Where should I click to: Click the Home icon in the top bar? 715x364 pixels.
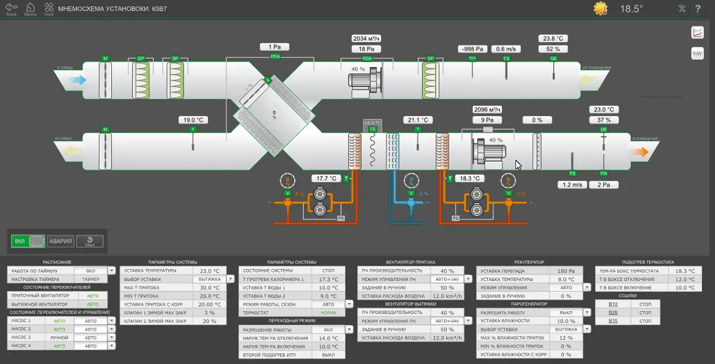point(30,8)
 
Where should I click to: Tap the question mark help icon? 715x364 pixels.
point(699,9)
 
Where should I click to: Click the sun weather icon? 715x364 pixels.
point(600,9)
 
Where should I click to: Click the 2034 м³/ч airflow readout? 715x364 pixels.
point(366,39)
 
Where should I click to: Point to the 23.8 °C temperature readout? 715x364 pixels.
point(553,39)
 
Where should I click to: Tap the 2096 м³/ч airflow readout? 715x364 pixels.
point(488,110)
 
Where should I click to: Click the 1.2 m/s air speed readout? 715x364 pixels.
point(572,185)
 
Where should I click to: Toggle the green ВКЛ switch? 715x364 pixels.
point(28,241)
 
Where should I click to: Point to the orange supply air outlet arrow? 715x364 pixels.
point(641,152)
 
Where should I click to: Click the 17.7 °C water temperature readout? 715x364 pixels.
point(327,179)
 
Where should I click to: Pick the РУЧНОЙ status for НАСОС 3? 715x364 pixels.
point(59,337)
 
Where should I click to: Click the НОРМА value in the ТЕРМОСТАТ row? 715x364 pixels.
point(328,313)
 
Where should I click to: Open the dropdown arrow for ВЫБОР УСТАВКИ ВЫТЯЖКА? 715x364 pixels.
point(230,279)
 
